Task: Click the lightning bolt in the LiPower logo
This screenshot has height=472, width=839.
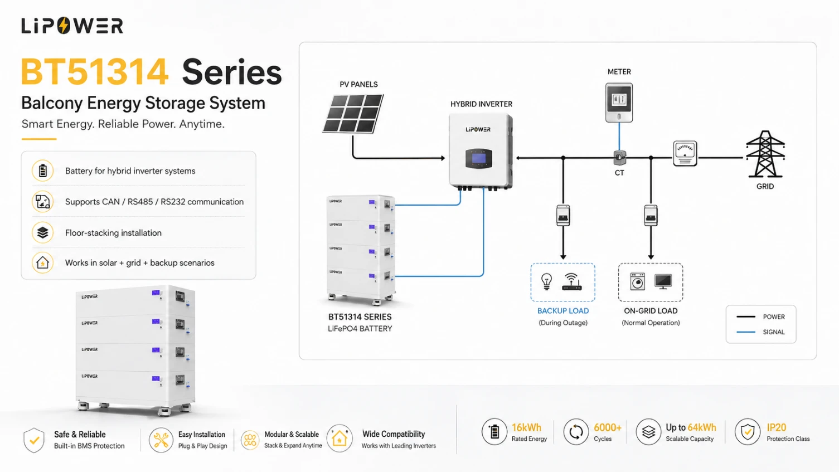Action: (x=64, y=26)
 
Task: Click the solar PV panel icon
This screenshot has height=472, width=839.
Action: (x=353, y=114)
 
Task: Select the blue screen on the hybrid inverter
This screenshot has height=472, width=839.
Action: (x=479, y=159)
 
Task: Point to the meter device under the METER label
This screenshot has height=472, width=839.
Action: (x=619, y=103)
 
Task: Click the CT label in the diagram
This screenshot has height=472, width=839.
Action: (x=619, y=173)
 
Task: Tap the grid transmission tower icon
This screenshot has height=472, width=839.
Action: (x=765, y=154)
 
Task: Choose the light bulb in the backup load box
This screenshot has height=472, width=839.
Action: (x=546, y=281)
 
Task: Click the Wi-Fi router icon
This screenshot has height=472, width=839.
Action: (x=571, y=282)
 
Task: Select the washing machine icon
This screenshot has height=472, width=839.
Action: (x=637, y=281)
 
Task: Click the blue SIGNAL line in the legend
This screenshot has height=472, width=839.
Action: (x=746, y=332)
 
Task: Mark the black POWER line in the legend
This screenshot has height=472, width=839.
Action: (x=746, y=317)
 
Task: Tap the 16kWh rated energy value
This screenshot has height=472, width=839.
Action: (x=526, y=427)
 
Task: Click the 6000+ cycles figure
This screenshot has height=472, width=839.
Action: (x=608, y=427)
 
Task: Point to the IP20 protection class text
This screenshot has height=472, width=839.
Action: (x=776, y=427)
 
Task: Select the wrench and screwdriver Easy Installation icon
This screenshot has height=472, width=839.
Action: (x=161, y=440)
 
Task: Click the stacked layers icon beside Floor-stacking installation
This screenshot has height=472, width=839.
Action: (x=43, y=232)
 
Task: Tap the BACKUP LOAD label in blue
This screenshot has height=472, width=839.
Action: (x=563, y=311)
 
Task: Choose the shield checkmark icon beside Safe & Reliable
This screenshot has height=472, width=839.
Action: (x=33, y=440)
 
